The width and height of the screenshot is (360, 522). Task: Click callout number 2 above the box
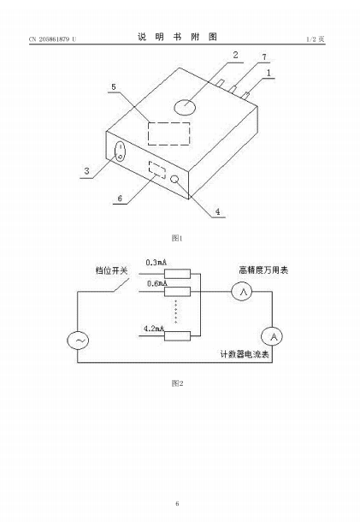(235, 55)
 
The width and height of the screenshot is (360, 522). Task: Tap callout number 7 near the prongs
(264, 57)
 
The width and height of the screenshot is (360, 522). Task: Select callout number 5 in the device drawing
(114, 87)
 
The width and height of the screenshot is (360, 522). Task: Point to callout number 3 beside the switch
(87, 171)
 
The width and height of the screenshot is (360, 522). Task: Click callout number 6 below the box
(120, 199)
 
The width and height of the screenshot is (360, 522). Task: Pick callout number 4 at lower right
(217, 211)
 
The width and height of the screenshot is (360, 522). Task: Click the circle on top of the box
(185, 107)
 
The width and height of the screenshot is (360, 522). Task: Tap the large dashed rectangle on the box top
(169, 133)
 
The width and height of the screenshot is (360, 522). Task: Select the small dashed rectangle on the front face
(157, 170)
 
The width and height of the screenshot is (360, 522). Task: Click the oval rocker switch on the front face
(120, 151)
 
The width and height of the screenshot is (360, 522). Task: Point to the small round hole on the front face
(174, 180)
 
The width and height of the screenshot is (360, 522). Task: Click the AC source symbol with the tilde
(78, 341)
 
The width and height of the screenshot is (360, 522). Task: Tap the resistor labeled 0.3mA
(177, 274)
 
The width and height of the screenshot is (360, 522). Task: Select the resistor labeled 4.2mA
(177, 336)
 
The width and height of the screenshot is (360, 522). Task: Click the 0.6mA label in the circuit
(157, 283)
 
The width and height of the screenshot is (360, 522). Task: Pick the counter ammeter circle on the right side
(272, 336)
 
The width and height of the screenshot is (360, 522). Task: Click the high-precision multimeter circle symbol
(242, 292)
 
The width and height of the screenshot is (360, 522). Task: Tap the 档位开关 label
(111, 270)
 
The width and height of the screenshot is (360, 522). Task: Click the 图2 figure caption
(177, 383)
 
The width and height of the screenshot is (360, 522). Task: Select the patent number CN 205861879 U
(52, 39)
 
